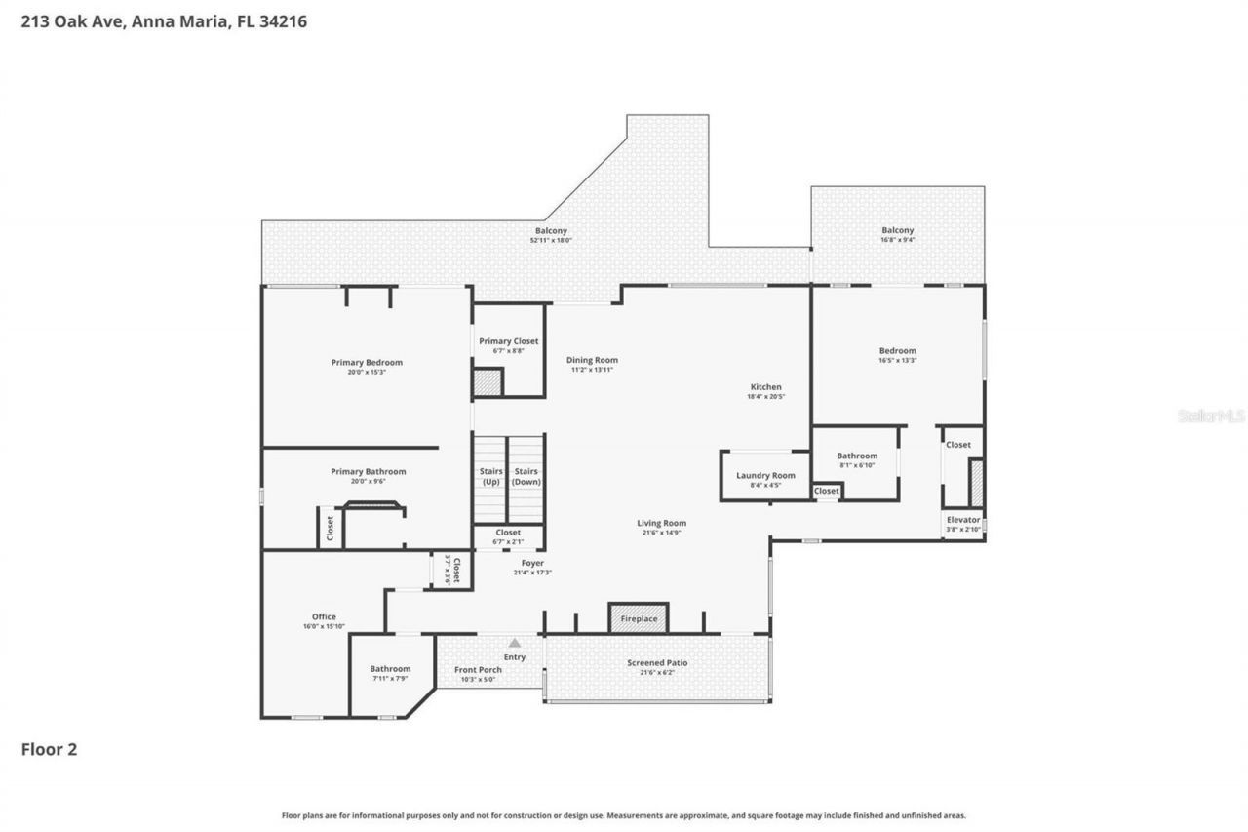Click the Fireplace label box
click(x=639, y=618)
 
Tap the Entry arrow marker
click(x=514, y=643)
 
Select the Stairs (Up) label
click(x=490, y=477)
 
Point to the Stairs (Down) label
click(x=526, y=477)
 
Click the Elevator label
click(x=962, y=520)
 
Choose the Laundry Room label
click(x=765, y=476)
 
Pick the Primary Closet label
click(x=508, y=341)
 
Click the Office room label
click(x=324, y=616)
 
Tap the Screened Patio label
click(x=656, y=663)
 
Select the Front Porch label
click(x=478, y=670)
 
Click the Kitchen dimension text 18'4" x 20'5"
click(x=765, y=397)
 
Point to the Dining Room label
click(x=592, y=360)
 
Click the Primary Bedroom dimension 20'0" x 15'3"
click(x=367, y=372)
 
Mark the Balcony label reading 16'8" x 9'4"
click(x=897, y=240)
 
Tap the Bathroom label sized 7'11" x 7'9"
click(x=390, y=669)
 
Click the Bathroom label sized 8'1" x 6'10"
click(x=857, y=456)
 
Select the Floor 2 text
click(x=49, y=749)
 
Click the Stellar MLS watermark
click(x=1211, y=416)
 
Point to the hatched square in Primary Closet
click(x=487, y=382)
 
